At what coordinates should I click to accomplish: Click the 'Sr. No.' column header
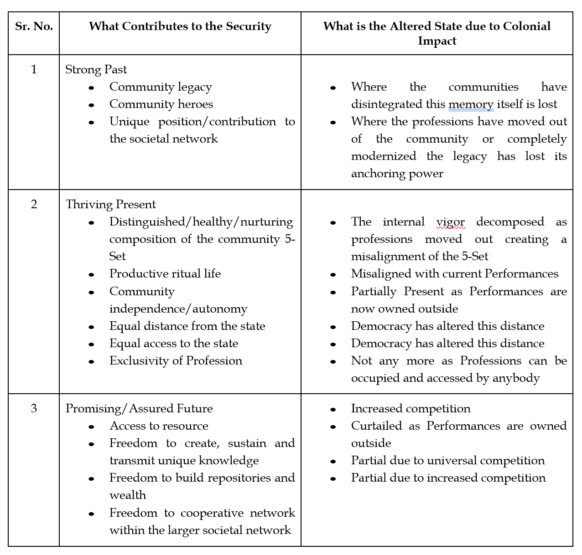[x=34, y=26]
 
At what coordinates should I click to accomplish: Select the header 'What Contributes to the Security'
[x=180, y=26]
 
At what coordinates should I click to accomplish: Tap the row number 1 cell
[x=34, y=69]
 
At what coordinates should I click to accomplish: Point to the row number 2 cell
[x=34, y=204]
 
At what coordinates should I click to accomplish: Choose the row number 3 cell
[x=34, y=408]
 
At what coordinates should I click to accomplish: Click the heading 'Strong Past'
[x=96, y=69]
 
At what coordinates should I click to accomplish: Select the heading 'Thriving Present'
[x=110, y=204]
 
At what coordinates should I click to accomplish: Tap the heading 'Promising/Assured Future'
[x=139, y=408]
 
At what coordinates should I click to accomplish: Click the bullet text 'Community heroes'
[x=161, y=104]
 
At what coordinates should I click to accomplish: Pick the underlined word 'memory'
[x=471, y=104]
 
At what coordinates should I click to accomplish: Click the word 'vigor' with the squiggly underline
[x=450, y=222]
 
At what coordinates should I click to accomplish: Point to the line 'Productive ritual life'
[x=165, y=273]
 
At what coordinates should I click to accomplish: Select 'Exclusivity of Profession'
[x=176, y=360]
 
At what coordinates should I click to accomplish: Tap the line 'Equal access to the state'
[x=174, y=343]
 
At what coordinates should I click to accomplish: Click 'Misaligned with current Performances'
[x=454, y=273]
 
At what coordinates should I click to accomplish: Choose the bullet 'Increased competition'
[x=411, y=408]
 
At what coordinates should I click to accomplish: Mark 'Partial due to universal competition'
[x=447, y=460]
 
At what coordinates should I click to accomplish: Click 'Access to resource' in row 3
[x=159, y=426]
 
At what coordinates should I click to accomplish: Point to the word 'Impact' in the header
[x=437, y=41]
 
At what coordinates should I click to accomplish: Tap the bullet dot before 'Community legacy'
[x=92, y=87]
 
